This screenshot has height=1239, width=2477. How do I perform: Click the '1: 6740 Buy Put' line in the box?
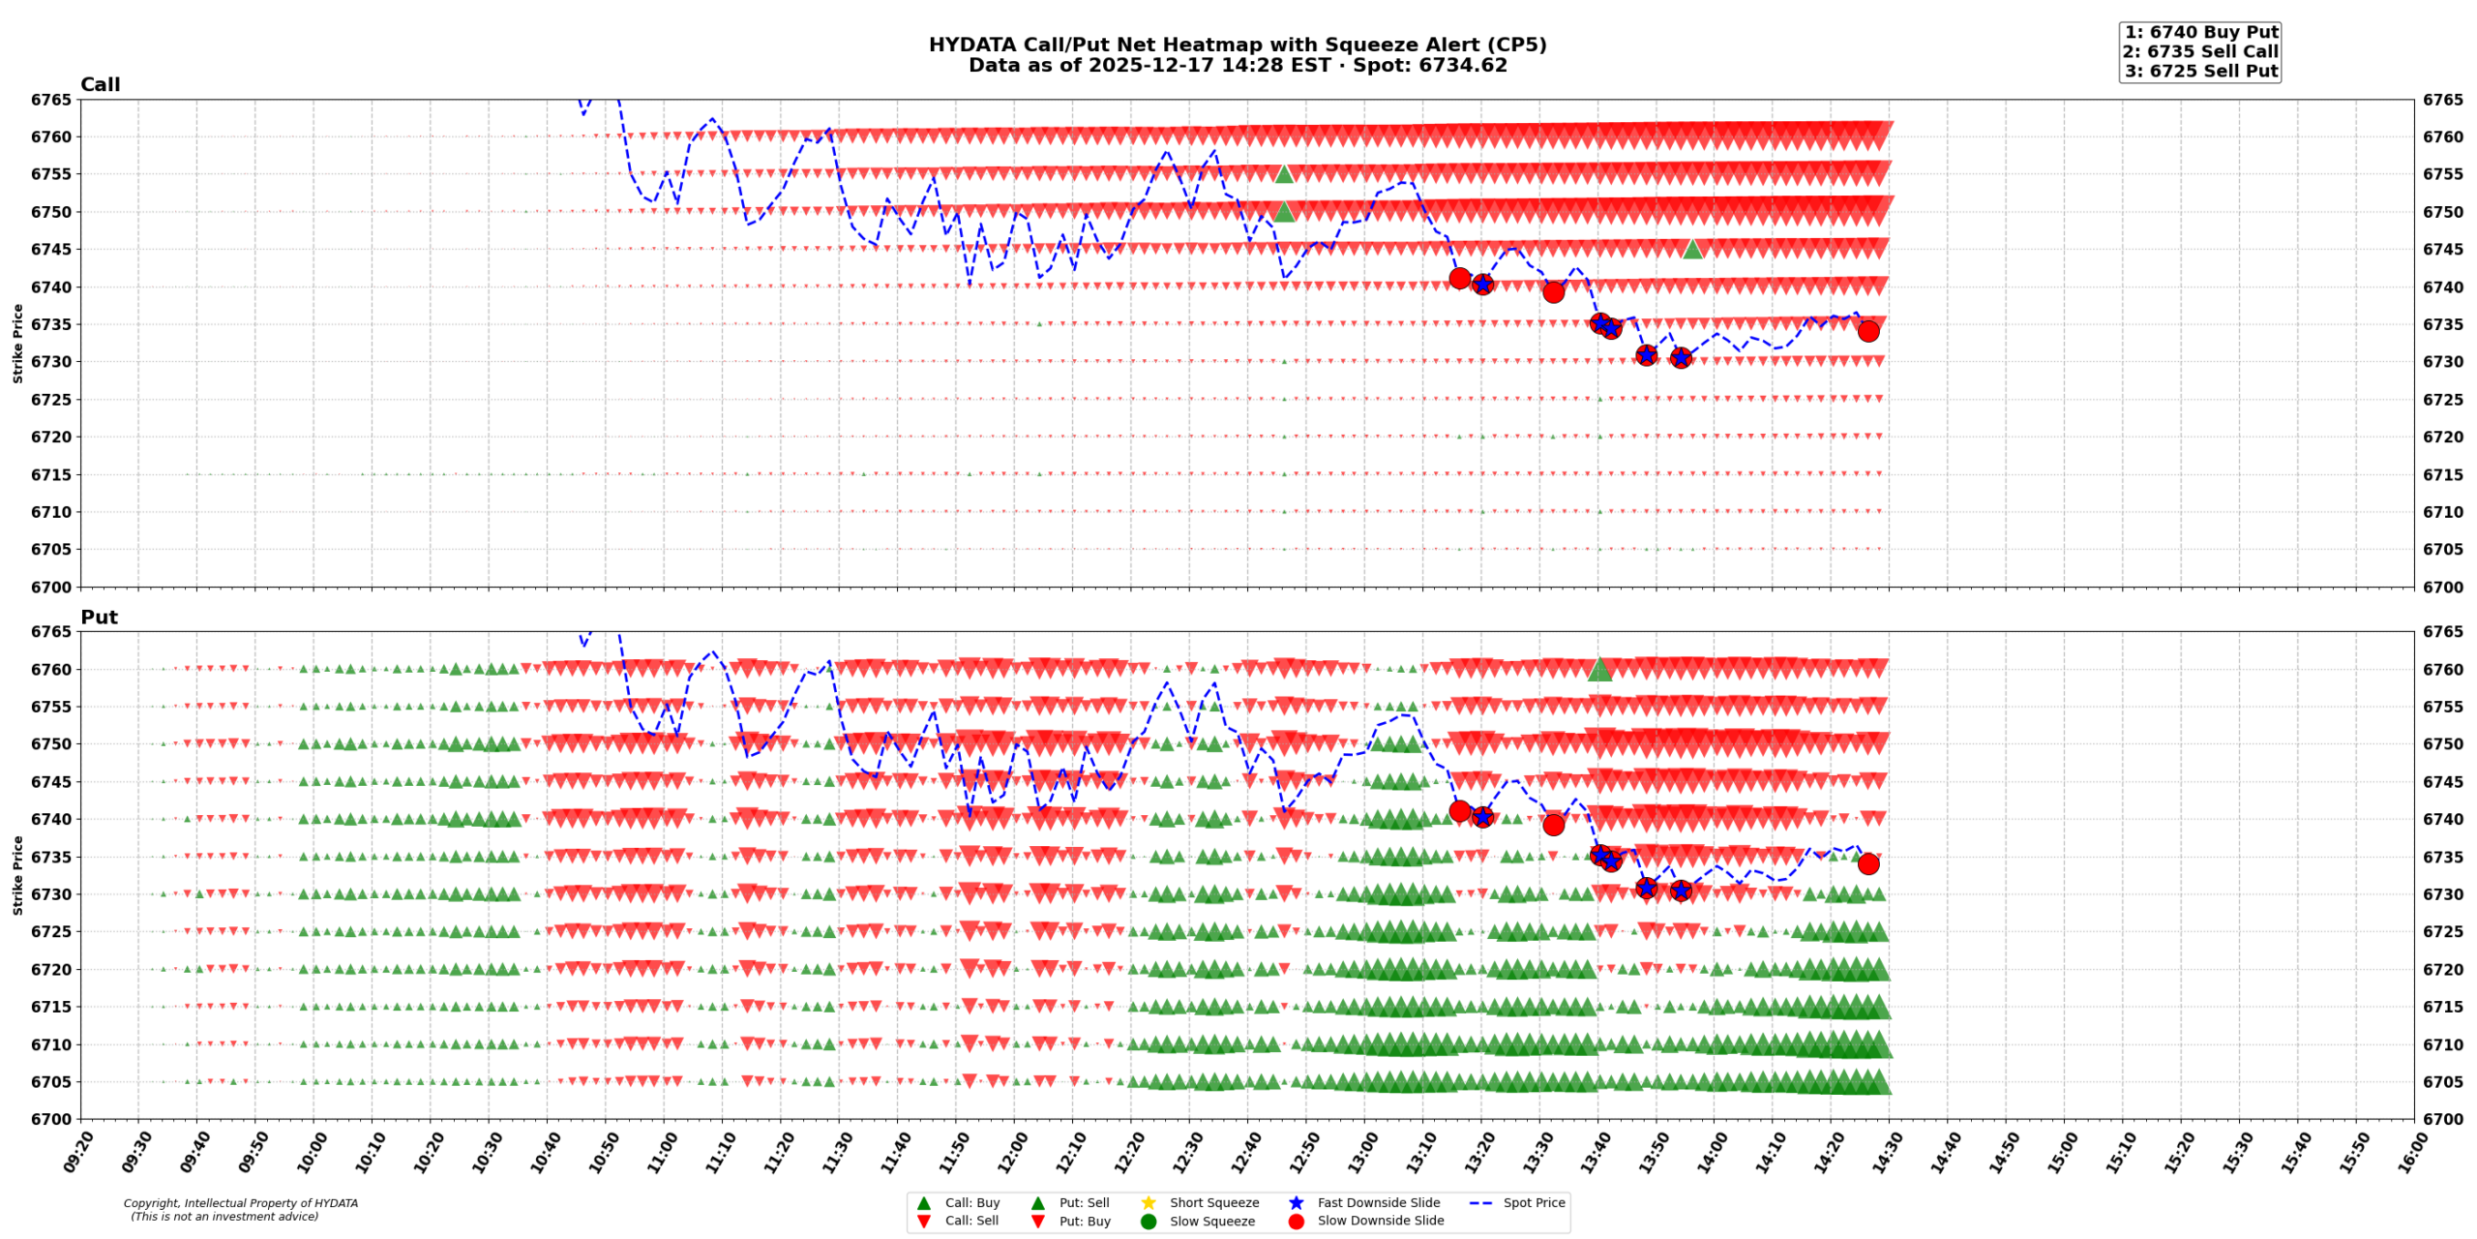point(2200,32)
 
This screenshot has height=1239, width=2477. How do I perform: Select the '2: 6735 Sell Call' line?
point(2200,51)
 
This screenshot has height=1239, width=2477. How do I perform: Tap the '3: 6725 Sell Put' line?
point(2200,71)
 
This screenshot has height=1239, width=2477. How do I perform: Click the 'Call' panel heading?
point(100,84)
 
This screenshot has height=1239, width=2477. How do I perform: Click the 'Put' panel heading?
point(99,617)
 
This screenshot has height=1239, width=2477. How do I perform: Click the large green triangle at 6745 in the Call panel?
point(1692,249)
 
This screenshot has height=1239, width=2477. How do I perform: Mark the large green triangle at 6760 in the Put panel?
point(1599,669)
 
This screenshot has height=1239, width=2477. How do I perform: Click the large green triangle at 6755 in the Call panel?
point(1284,174)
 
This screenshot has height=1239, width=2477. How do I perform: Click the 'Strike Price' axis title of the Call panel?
point(17,343)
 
